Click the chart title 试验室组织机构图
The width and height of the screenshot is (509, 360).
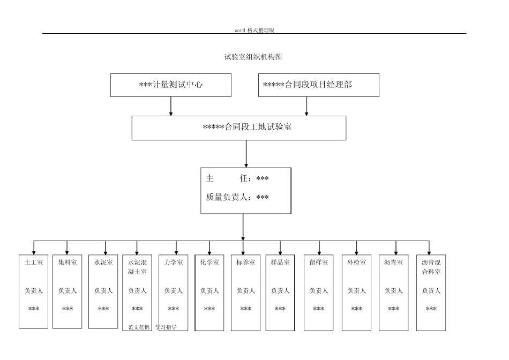pos(253,57)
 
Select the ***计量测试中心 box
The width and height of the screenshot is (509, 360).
pos(171,85)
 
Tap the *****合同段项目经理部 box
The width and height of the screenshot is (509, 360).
pos(318,85)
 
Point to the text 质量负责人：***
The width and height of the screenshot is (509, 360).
pos(237,197)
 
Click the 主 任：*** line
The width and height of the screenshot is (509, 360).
pos(237,178)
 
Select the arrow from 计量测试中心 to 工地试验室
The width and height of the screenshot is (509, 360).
pos(171,106)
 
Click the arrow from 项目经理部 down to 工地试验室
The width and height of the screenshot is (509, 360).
pos(306,106)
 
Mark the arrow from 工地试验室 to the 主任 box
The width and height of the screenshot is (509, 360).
pos(246,154)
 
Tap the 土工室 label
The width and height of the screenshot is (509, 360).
pos(34,262)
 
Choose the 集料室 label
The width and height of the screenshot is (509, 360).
pos(68,262)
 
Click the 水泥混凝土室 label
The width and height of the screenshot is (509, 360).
pos(137,267)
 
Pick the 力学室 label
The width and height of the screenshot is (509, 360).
pos(173,262)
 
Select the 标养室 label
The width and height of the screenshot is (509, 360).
pos(245,262)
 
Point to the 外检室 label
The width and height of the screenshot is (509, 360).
pos(356,262)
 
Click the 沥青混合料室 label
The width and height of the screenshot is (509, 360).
pos(431,267)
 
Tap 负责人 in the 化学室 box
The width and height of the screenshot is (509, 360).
pos(209,291)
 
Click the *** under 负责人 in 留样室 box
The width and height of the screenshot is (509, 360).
pos(318,309)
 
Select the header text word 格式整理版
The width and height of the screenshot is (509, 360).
pos(254,30)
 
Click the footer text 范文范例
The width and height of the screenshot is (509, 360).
pos(139,327)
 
